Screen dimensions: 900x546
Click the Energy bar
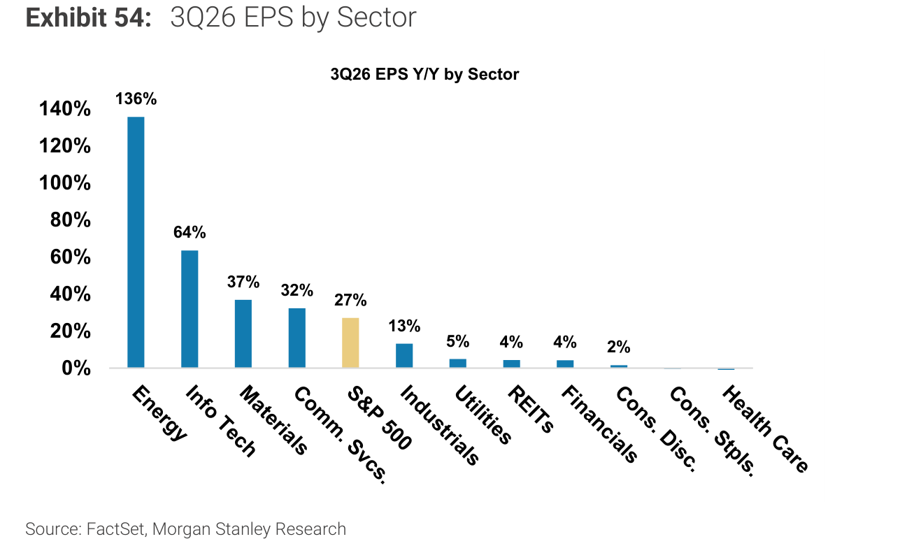tap(136, 242)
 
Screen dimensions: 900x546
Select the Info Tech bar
tap(190, 309)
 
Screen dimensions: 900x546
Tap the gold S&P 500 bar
tap(350, 343)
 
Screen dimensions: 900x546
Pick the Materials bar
tap(243, 333)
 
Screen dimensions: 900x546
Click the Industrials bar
tap(404, 356)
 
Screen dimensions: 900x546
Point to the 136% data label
tap(136, 99)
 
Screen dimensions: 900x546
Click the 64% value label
tap(190, 232)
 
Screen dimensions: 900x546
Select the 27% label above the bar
tap(350, 300)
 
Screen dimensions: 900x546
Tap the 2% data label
tap(619, 347)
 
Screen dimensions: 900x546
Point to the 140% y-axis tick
tap(65, 108)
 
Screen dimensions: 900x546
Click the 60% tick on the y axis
tap(71, 257)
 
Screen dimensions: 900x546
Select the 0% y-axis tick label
tap(76, 368)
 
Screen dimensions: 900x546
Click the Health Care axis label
tap(766, 429)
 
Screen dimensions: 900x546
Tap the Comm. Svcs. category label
tap(341, 435)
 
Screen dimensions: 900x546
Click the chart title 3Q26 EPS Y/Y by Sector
tap(424, 75)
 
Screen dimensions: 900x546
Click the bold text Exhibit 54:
tap(88, 17)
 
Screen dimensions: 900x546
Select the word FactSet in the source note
tap(115, 529)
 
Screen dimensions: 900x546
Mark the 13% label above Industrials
tap(404, 326)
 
